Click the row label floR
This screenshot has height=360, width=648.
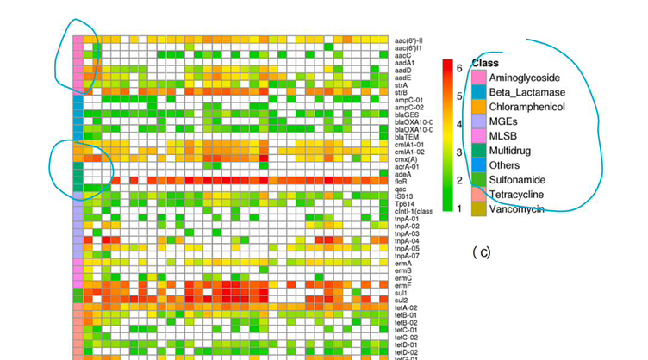coord(401,182)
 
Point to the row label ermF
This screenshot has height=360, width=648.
coord(402,285)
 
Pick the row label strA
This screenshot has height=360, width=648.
coord(401,85)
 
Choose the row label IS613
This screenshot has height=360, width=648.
coord(403,196)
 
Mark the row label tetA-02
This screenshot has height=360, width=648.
coord(406,307)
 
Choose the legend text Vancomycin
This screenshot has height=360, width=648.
coord(518,209)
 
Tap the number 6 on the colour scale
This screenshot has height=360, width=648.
coord(460,68)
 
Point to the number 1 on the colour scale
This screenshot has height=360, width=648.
coord(460,208)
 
